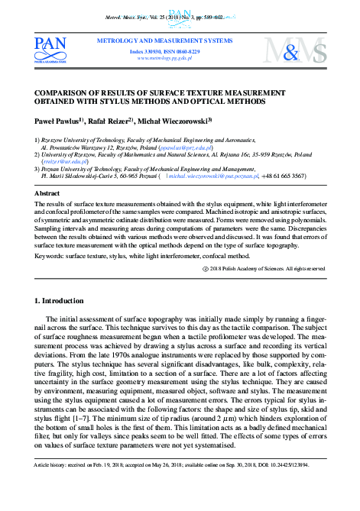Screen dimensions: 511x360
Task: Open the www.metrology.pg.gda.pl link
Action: [x=164, y=57]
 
